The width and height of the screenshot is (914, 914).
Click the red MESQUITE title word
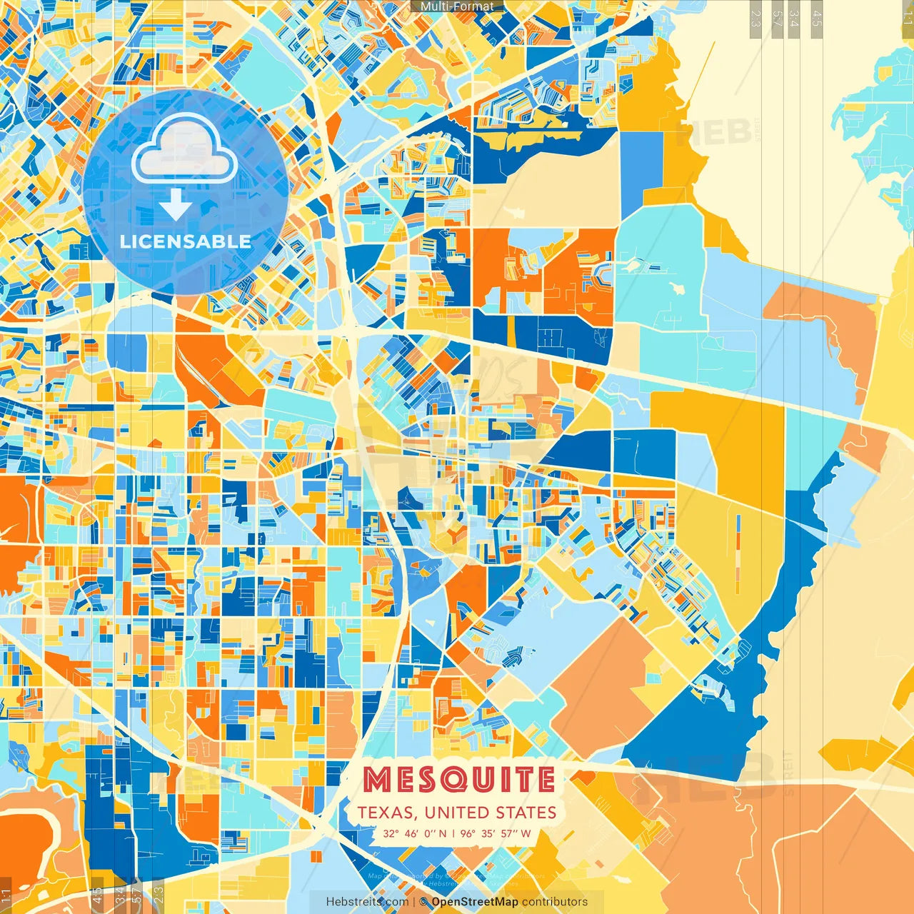[x=458, y=780]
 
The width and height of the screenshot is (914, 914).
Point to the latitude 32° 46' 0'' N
[x=415, y=833]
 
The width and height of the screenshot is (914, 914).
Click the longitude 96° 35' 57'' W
[x=496, y=833]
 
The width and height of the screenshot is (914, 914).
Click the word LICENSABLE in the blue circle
[x=186, y=241]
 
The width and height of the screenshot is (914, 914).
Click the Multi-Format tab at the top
[x=457, y=6]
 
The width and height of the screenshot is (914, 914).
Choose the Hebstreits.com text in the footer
[x=367, y=902]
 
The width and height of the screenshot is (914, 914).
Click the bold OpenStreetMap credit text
[x=475, y=902]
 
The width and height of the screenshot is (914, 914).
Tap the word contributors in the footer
[x=555, y=902]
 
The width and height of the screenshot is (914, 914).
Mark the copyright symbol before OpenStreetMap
[x=423, y=902]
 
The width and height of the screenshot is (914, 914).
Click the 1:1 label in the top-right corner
[x=907, y=16]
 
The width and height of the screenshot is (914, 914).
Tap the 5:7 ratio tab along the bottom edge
[x=137, y=896]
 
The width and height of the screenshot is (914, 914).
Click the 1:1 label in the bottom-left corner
[x=6, y=896]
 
